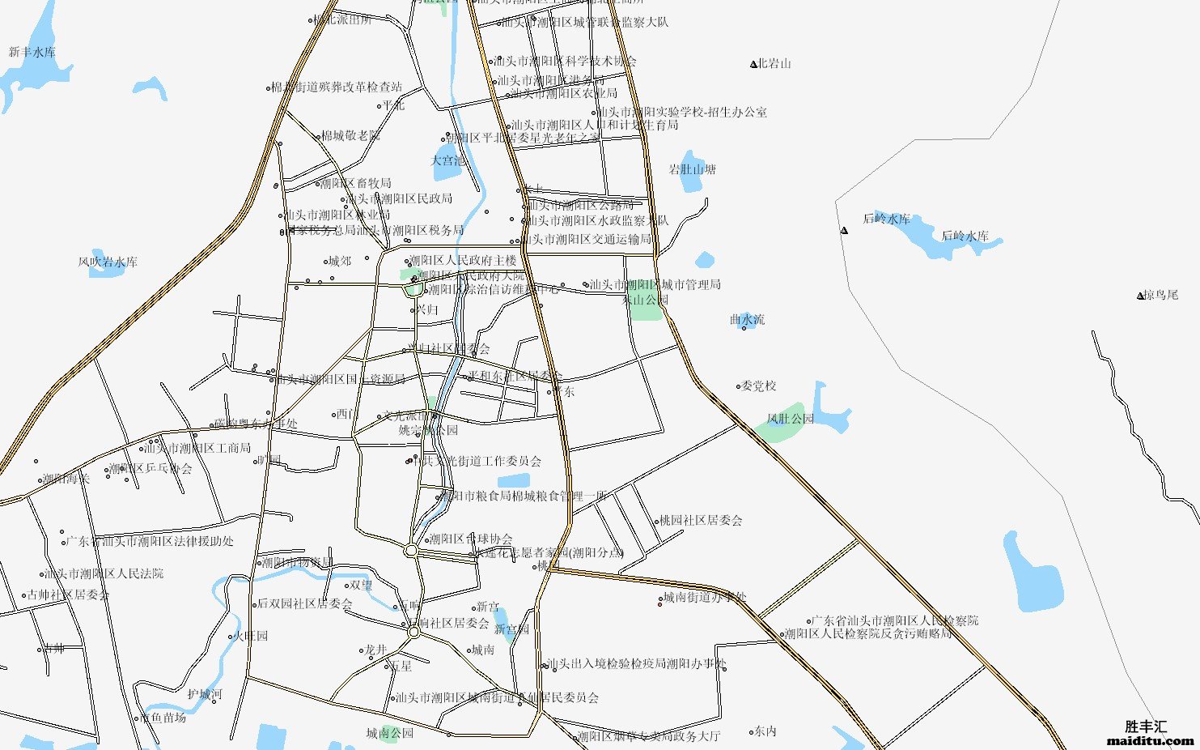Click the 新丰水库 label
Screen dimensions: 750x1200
[x=32, y=53]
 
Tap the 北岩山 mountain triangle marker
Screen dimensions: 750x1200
[x=753, y=64]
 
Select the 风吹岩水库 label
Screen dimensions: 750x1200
[x=108, y=262]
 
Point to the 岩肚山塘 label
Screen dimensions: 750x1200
[x=693, y=170]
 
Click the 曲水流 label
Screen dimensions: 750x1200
[x=747, y=320]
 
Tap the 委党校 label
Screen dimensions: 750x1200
[x=758, y=386]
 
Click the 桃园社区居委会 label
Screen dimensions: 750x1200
[x=701, y=521]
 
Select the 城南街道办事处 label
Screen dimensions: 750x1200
[x=704, y=598]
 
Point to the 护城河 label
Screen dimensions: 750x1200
[x=205, y=694]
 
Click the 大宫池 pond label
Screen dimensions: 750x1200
[x=448, y=160]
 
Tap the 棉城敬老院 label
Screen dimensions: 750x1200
[x=350, y=136]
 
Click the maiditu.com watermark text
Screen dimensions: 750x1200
[x=1150, y=740]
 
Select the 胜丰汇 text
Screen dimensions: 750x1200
[x=1146, y=727]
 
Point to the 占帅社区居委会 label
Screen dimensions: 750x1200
[x=68, y=594]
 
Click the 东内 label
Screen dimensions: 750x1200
[x=765, y=731]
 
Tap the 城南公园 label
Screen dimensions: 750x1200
[x=389, y=734]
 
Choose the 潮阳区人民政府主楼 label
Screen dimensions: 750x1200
[x=462, y=261]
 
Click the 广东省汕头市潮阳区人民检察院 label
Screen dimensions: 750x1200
[x=894, y=620]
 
